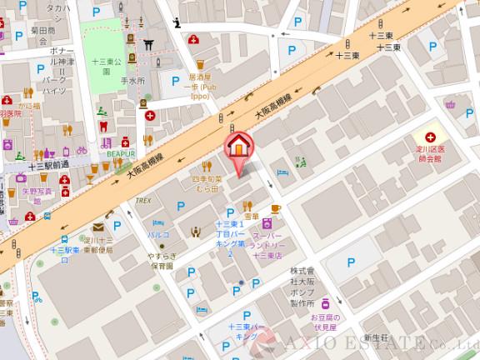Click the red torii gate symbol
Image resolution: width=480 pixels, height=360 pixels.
point(150,44)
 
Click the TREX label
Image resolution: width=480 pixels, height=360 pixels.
point(142,200)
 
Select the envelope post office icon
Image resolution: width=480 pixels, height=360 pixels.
point(98,225)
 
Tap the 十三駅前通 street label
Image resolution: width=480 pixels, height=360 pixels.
point(47,167)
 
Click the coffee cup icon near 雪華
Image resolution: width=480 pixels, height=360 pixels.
point(274,208)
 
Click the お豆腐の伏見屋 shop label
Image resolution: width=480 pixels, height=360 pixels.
point(332,322)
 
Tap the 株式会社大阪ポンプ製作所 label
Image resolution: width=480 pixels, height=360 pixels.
point(306,287)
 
